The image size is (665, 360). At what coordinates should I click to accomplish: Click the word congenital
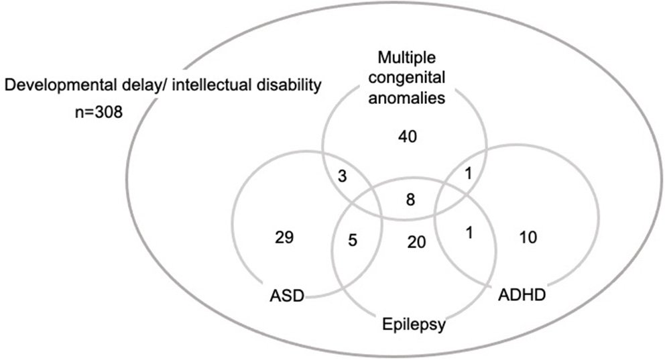(408, 78)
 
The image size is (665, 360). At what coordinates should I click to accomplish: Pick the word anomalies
(408, 99)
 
